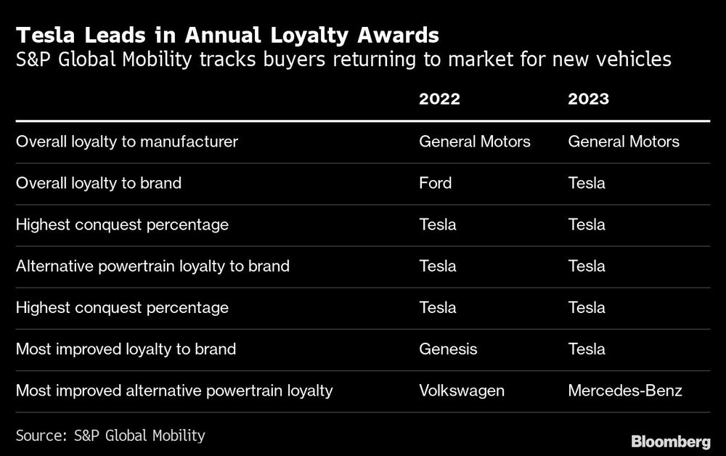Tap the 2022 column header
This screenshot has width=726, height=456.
[x=439, y=99]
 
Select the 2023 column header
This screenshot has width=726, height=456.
[x=588, y=99]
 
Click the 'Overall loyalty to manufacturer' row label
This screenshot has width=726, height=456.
[x=127, y=142]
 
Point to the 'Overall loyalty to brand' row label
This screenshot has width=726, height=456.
[x=99, y=183]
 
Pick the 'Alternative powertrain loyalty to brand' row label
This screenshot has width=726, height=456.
[x=152, y=266]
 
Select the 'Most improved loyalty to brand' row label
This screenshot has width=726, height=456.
[x=126, y=349]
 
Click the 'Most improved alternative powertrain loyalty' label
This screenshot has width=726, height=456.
[x=174, y=391]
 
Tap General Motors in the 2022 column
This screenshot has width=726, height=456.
[x=474, y=142]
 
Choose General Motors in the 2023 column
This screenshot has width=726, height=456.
[x=624, y=142]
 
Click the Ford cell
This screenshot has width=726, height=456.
[x=435, y=183]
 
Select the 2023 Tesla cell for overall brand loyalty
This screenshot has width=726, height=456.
[x=587, y=183]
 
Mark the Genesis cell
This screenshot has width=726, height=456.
[x=448, y=349]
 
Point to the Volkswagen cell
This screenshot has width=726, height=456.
[x=461, y=391]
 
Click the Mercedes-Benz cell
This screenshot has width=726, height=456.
[x=624, y=391]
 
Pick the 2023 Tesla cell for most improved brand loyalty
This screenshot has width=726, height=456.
[x=587, y=349]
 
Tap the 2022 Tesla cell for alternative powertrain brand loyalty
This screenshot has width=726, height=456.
[x=438, y=266]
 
